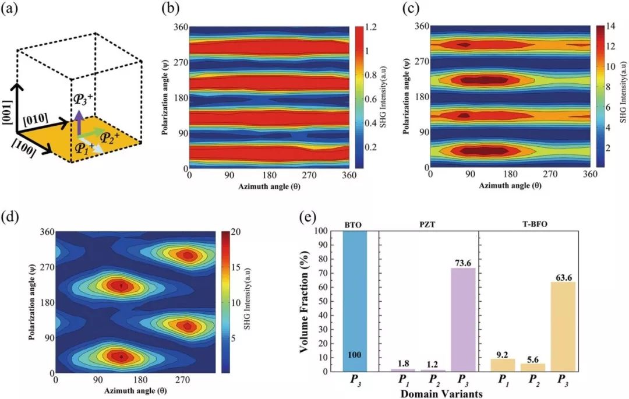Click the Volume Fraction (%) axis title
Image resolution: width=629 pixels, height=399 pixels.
303,301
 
